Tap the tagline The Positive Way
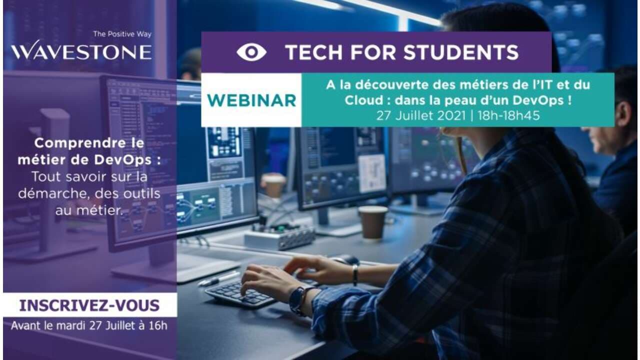point(122,34)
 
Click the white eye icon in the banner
point(251,52)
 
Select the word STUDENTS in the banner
point(461,52)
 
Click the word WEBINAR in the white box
point(251,100)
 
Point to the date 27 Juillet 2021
point(421,115)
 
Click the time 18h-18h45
point(509,115)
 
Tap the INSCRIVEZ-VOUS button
point(89,305)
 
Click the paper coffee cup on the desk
point(373,222)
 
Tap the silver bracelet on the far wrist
point(355,275)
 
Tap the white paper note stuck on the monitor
point(372,173)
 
